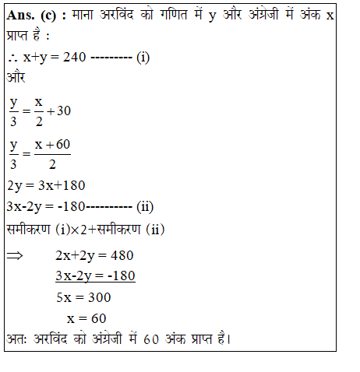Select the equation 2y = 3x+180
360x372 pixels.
point(45,185)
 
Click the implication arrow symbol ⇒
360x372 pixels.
point(16,255)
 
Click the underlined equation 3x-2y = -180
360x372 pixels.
point(95,276)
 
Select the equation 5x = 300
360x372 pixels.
point(83,297)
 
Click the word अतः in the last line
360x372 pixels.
point(17,339)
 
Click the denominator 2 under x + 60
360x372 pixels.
point(51,164)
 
